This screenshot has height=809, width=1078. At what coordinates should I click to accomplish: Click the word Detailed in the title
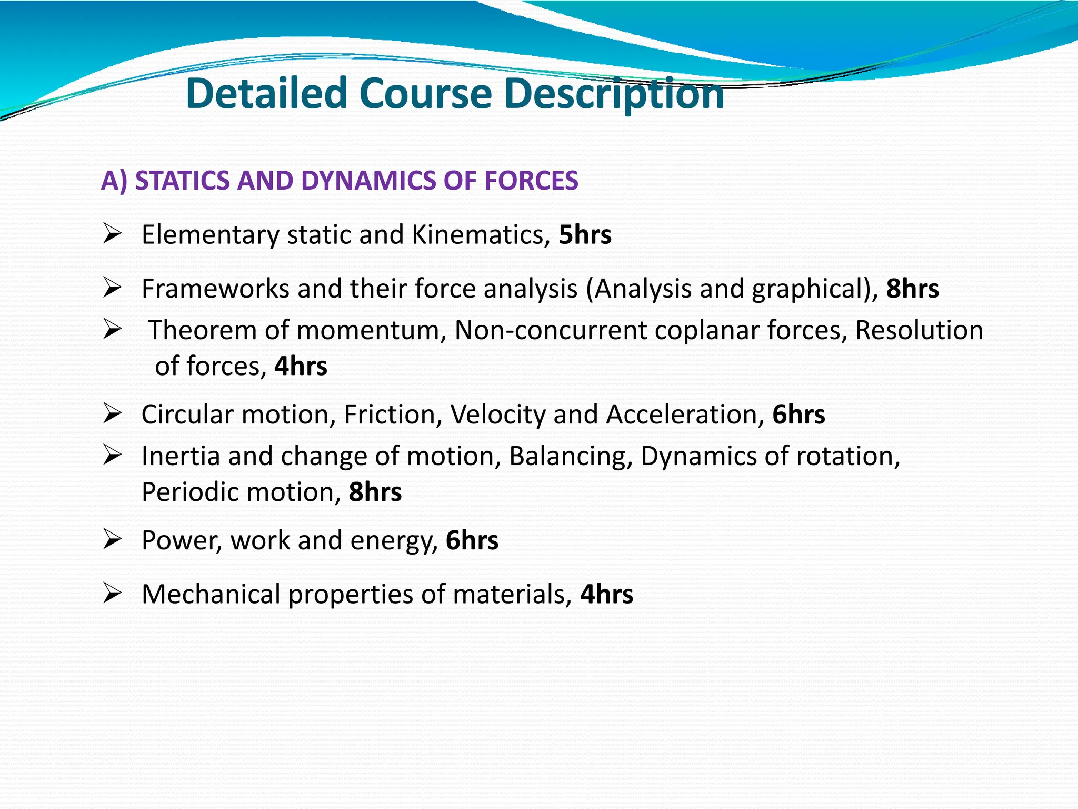tap(266, 93)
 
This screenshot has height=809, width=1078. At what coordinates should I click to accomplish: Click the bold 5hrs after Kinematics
tap(585, 235)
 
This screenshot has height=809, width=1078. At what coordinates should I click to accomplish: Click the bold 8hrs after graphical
tap(912, 289)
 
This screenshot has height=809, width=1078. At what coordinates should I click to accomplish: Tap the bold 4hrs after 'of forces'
tap(301, 366)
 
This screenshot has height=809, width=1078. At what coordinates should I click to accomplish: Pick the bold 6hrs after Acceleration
tap(798, 415)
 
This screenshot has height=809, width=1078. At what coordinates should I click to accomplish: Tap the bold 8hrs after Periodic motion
tap(375, 492)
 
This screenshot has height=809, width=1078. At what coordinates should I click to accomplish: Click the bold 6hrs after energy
tap(472, 540)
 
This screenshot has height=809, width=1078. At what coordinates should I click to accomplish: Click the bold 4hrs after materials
tap(606, 594)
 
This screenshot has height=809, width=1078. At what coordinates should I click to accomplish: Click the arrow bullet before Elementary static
tap(113, 233)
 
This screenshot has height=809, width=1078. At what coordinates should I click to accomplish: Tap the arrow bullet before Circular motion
tap(113, 413)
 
